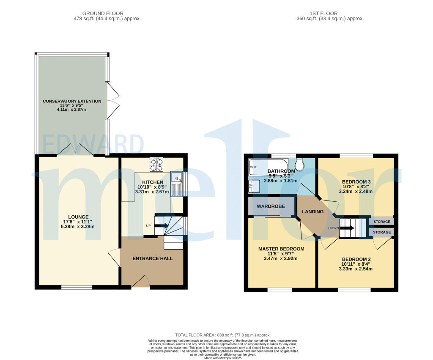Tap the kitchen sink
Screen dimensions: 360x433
tap(176, 184)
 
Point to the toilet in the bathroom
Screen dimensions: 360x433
tap(300, 164)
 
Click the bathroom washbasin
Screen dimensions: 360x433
tap(254, 185)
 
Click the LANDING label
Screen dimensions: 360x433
tap(312, 212)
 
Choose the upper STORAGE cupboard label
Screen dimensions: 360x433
tap(381, 222)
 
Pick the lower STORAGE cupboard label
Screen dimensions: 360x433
tap(381, 232)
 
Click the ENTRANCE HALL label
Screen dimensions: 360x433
tap(153, 258)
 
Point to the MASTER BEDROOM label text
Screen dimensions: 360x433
tap(281, 249)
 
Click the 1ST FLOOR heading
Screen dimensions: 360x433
tap(323, 14)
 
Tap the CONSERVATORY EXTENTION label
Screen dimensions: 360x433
tap(72, 101)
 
